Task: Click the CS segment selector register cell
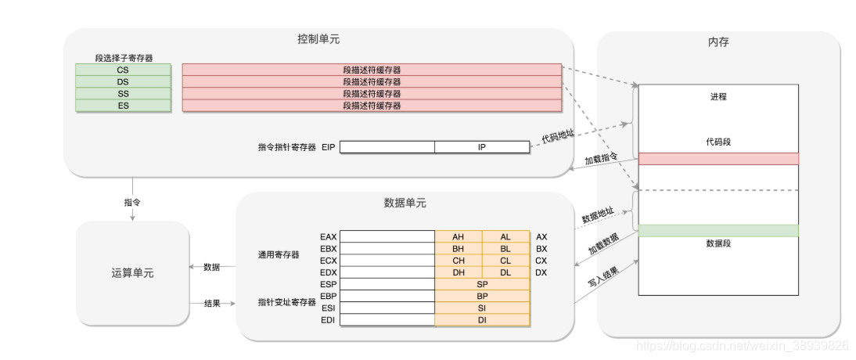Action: [123, 70]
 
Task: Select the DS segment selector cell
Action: [123, 81]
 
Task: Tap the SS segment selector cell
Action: [123, 93]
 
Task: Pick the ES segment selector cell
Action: [123, 105]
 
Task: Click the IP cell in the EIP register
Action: [482, 146]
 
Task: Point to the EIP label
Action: [329, 146]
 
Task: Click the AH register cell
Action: [459, 236]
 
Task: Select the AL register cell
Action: [505, 236]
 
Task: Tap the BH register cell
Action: [459, 249]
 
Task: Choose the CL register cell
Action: [505, 261]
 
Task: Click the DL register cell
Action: [505, 272]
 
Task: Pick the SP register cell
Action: [482, 285]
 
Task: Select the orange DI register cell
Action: [482, 320]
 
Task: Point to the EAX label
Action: [328, 236]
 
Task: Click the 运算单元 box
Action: [132, 273]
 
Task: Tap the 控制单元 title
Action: [318, 38]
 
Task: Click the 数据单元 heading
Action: [405, 203]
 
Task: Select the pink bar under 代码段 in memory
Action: [718, 159]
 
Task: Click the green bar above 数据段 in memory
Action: [718, 230]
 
